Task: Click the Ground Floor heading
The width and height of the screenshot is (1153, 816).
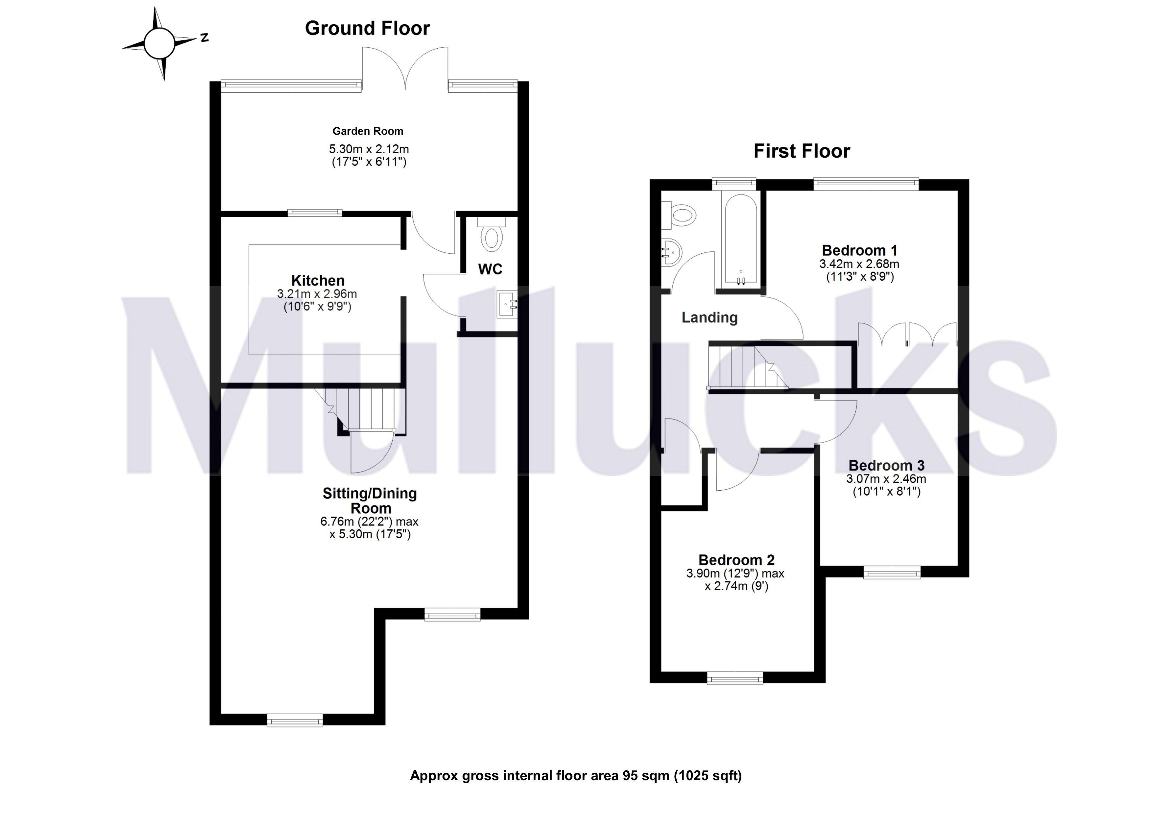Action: click(x=367, y=29)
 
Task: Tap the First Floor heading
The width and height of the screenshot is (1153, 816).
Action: click(x=802, y=151)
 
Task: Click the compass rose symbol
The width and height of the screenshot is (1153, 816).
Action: click(x=160, y=43)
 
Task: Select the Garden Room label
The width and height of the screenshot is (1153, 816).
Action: click(x=368, y=131)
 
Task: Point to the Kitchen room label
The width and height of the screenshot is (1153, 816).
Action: click(x=318, y=280)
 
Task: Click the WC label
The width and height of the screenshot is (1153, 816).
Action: click(x=490, y=269)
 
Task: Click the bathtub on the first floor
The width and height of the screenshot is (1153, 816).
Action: click(x=740, y=241)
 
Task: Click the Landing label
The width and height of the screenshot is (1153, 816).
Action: click(x=709, y=318)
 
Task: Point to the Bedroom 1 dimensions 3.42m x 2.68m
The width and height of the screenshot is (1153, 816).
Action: click(x=859, y=264)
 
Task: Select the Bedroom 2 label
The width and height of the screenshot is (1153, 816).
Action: click(x=736, y=560)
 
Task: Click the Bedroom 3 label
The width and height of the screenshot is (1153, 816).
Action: click(x=886, y=465)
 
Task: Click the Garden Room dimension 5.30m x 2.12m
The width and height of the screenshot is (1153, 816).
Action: click(x=369, y=149)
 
